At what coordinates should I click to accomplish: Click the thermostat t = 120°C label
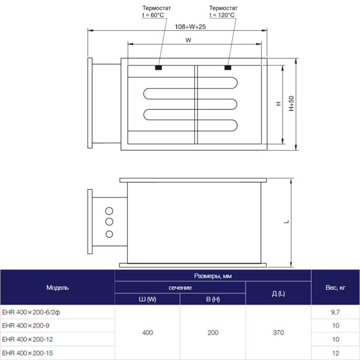point(222,11)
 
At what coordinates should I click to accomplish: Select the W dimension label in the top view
point(188,41)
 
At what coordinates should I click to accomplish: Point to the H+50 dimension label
point(292,104)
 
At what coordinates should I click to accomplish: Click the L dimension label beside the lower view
point(287,222)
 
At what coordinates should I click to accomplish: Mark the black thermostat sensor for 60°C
point(158,67)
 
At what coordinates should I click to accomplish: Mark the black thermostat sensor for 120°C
point(228,67)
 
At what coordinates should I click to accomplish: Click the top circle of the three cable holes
point(110,211)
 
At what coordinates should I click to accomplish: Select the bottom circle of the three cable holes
point(110,233)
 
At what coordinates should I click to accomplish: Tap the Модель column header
point(58,287)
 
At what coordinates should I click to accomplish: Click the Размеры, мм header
point(212,276)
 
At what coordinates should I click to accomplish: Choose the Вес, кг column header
point(335,287)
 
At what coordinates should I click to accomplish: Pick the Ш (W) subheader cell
point(147,299)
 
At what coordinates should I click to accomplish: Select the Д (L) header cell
point(278,293)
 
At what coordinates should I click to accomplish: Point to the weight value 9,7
point(335,313)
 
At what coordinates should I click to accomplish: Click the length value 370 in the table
point(278,332)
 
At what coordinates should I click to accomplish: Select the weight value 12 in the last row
point(335,353)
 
